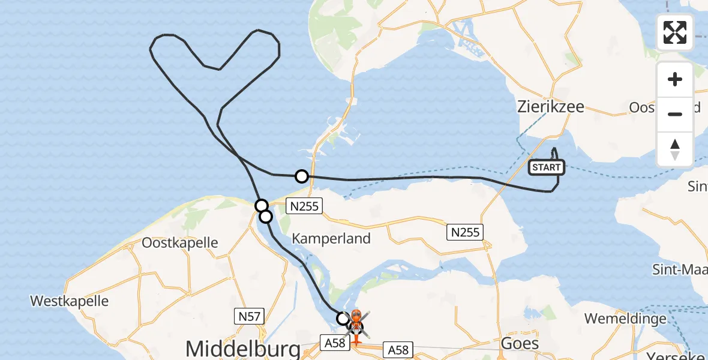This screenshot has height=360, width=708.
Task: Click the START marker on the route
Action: click(x=546, y=167)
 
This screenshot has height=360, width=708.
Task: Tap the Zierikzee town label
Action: click(x=550, y=108)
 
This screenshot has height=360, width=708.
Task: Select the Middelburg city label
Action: click(x=243, y=348)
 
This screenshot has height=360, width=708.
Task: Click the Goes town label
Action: click(x=519, y=344)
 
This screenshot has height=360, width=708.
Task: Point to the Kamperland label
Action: click(x=331, y=238)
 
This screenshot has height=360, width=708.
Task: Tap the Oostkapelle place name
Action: click(x=180, y=243)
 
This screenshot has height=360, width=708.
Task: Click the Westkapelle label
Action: click(x=70, y=300)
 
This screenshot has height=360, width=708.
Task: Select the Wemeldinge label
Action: click(x=625, y=318)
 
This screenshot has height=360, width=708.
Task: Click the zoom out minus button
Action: click(x=675, y=114)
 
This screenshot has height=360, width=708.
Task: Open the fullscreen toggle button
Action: click(x=675, y=32)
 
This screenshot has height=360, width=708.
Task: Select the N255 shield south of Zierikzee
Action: click(x=466, y=232)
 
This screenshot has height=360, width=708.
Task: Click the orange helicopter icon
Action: click(x=356, y=322)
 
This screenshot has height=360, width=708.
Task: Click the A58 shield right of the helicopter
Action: click(x=398, y=349)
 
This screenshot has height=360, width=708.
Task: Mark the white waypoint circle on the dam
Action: click(x=302, y=176)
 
